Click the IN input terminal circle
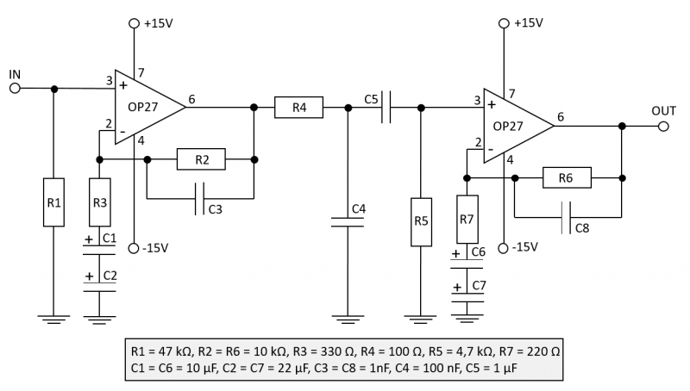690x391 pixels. (x=15, y=88)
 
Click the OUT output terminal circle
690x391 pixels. (x=662, y=126)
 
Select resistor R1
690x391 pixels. (x=54, y=203)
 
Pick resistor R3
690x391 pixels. (x=100, y=203)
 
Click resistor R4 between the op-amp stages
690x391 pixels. (x=299, y=108)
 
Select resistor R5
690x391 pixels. (x=420, y=221)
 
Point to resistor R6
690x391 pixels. (x=567, y=178)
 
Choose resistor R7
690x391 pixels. (x=467, y=220)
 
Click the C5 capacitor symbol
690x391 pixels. (x=389, y=108)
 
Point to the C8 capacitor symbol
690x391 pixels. (x=567, y=218)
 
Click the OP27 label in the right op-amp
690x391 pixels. (x=510, y=126)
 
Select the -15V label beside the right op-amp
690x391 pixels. (x=524, y=247)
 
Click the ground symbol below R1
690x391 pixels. (x=54, y=320)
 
